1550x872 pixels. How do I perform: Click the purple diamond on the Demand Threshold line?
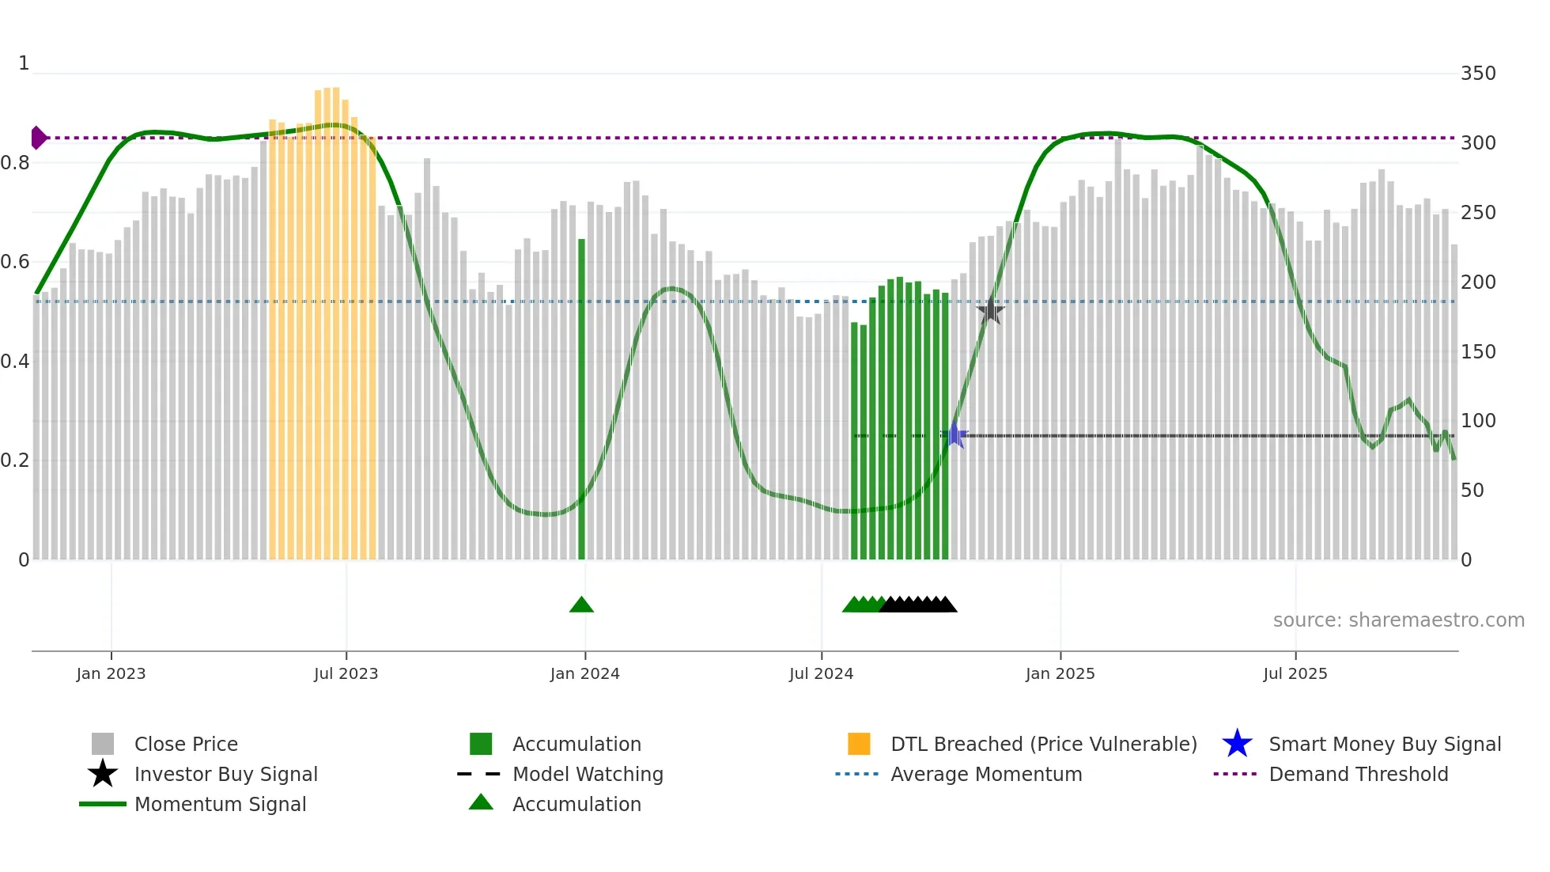pyautogui.click(x=38, y=138)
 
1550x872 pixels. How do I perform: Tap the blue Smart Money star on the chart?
pyautogui.click(x=955, y=435)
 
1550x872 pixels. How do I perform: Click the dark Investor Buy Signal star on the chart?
pyautogui.click(x=990, y=311)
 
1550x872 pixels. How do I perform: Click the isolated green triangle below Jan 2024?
pyautogui.click(x=581, y=605)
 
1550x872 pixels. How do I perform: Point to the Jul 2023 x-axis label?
pyautogui.click(x=346, y=673)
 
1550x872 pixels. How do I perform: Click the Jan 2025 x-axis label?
pyautogui.click(x=1060, y=673)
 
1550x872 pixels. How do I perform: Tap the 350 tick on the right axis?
pyautogui.click(x=1477, y=74)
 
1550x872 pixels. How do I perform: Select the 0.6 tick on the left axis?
pyautogui.click(x=16, y=262)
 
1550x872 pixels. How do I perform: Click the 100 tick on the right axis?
pyautogui.click(x=1477, y=421)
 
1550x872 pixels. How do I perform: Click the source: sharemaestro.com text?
pyautogui.click(x=1398, y=620)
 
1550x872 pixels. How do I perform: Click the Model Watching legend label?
pyautogui.click(x=588, y=774)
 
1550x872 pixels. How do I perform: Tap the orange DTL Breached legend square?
pyautogui.click(x=859, y=744)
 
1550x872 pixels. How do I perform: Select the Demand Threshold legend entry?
pyautogui.click(x=1358, y=774)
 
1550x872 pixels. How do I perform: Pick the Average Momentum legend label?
pyautogui.click(x=986, y=774)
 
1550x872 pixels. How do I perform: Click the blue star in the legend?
pyautogui.click(x=1237, y=744)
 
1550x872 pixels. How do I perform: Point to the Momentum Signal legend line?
pyautogui.click(x=103, y=804)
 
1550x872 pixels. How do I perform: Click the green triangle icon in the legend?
pyautogui.click(x=481, y=802)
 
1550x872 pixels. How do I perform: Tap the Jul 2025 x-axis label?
pyautogui.click(x=1295, y=673)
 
